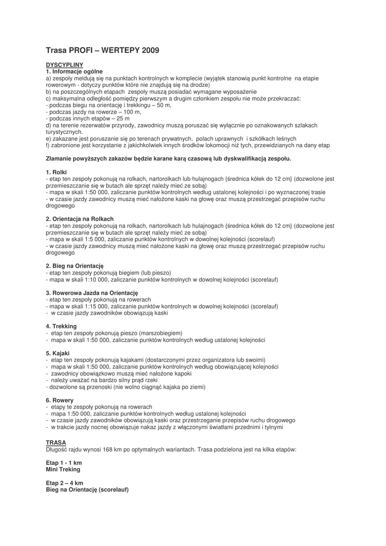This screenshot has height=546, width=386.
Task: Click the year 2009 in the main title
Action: (x=150, y=51)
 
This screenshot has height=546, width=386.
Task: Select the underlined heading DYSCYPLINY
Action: (x=63, y=64)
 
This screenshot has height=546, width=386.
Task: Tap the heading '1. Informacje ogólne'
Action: (x=74, y=71)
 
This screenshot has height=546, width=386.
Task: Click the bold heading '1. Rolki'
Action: (x=57, y=172)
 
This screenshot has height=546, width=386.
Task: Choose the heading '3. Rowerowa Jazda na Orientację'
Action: (x=92, y=293)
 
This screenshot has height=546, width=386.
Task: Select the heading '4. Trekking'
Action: (x=61, y=326)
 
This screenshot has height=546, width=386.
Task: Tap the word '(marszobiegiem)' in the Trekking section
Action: (x=159, y=333)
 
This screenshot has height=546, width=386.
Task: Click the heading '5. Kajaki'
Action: (x=58, y=353)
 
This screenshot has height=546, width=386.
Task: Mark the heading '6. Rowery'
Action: (x=60, y=400)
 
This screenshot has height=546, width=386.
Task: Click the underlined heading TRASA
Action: (x=56, y=443)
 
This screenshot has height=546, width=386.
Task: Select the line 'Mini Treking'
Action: (x=63, y=469)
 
